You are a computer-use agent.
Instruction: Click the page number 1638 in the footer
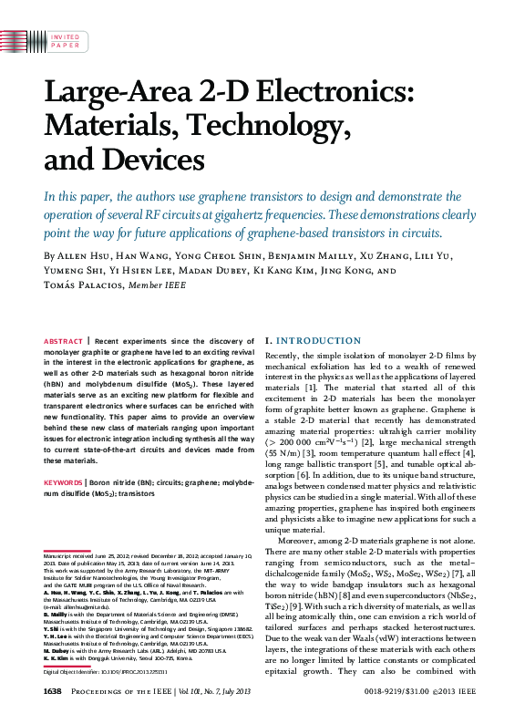tap(52, 692)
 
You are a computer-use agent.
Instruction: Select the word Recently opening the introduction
tap(283, 353)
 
